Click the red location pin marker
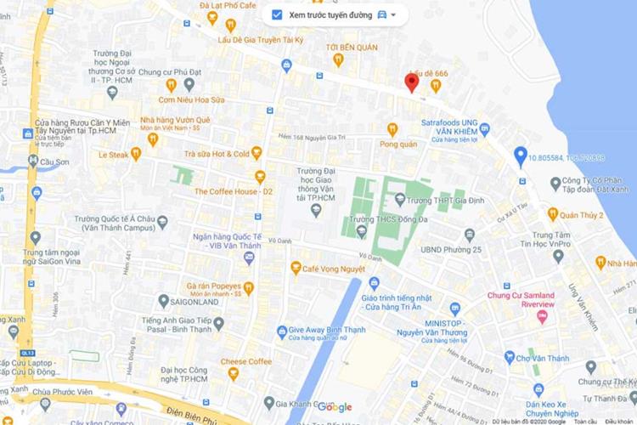click(x=411, y=82)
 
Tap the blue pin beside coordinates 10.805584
click(x=521, y=156)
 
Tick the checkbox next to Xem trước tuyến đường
click(x=277, y=15)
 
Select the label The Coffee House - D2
click(x=233, y=191)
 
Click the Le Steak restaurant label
click(x=114, y=155)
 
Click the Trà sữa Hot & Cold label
click(x=217, y=154)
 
